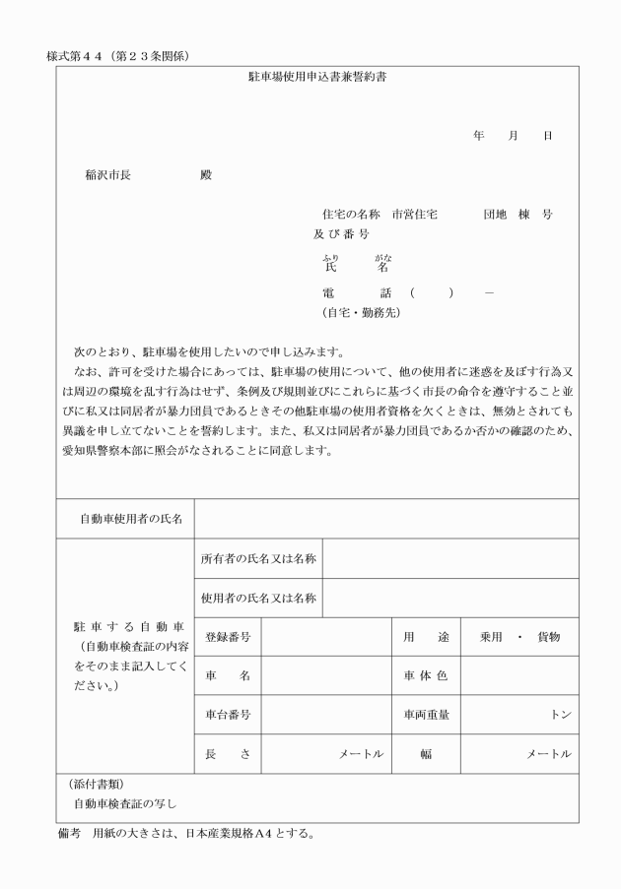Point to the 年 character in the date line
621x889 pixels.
(478, 135)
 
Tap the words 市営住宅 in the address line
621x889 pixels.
(415, 214)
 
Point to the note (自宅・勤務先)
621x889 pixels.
(354, 313)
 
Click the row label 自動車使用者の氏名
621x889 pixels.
(124, 519)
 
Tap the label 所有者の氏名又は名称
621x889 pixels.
(258, 558)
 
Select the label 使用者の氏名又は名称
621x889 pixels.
(258, 598)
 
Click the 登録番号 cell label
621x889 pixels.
(228, 637)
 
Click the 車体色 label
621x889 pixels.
(425, 676)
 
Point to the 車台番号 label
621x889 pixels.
(228, 716)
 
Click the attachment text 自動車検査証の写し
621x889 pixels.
(124, 803)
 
